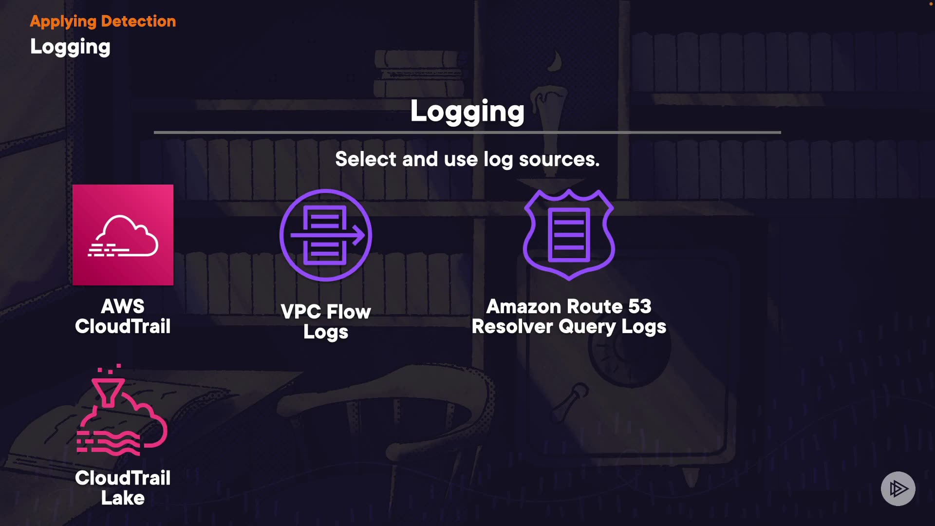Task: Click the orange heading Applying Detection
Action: coord(103,21)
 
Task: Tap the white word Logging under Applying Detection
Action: coord(70,47)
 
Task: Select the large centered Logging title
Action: coord(467,112)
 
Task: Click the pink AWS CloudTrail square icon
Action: coord(123,235)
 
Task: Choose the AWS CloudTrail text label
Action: coord(123,317)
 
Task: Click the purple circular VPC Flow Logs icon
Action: coord(325,235)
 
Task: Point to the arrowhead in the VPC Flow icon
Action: coord(359,235)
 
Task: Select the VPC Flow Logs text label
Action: coord(326,321)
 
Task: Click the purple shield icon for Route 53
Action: coord(569,234)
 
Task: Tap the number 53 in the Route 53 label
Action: coord(639,307)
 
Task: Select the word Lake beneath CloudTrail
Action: coord(123,498)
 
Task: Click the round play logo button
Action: coord(898,488)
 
